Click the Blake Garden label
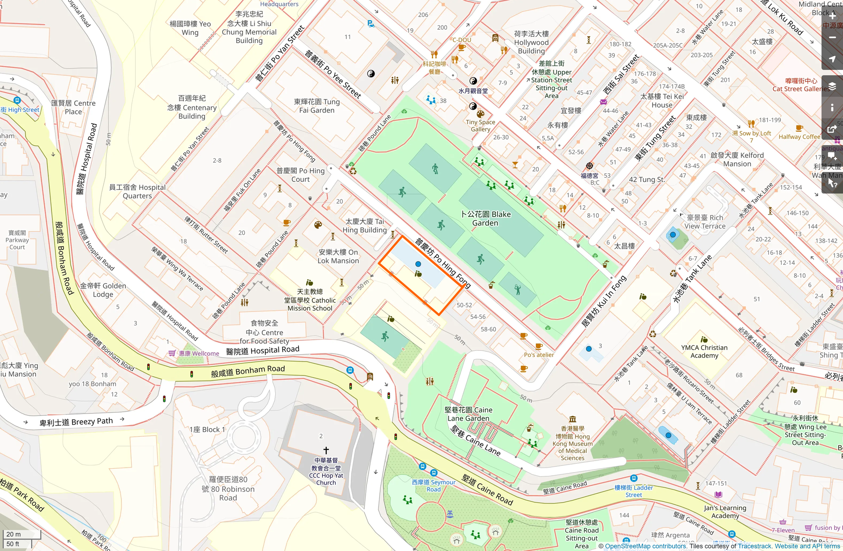(485, 219)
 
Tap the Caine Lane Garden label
(468, 414)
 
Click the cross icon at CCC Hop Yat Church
(326, 450)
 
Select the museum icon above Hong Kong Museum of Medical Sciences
(572, 419)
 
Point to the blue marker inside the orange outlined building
(418, 264)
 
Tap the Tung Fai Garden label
(317, 106)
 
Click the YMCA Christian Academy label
(704, 351)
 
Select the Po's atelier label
(539, 355)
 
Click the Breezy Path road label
(76, 422)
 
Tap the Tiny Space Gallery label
(481, 125)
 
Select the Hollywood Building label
(531, 42)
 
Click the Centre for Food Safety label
(264, 332)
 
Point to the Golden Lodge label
(103, 290)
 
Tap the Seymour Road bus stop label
(434, 486)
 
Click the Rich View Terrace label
(705, 222)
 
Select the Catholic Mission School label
(310, 300)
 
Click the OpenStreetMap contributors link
(646, 546)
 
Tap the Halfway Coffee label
(799, 137)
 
